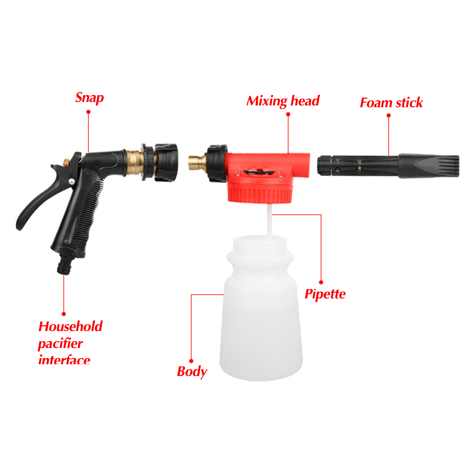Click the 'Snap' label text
click(x=89, y=98)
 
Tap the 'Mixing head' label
click(x=283, y=101)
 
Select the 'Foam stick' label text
click(x=391, y=103)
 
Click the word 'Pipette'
click(x=325, y=294)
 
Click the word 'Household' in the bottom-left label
click(x=70, y=326)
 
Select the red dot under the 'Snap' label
click(x=88, y=112)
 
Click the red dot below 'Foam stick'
click(x=389, y=115)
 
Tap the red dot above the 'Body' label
click(x=191, y=361)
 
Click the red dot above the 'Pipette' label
click(x=321, y=282)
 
